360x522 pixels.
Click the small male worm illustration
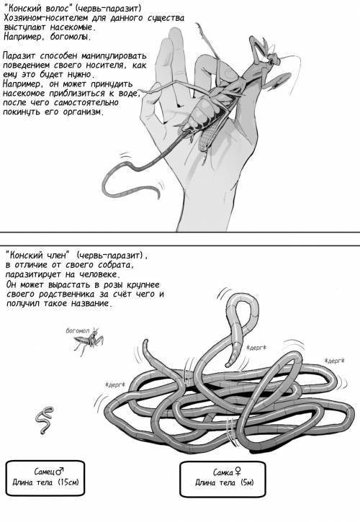tap(44, 420)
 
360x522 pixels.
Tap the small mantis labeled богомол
tap(89, 341)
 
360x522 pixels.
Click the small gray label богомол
tap(78, 330)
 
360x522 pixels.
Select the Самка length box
tap(222, 479)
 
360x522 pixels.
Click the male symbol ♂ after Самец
tap(60, 471)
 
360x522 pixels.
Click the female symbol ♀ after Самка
tap(238, 472)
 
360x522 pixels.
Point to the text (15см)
tap(68, 482)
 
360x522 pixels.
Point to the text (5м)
tap(246, 482)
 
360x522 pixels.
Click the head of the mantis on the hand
tap(274, 58)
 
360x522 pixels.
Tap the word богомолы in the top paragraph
tap(71, 37)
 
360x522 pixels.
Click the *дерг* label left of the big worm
tap(114, 385)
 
